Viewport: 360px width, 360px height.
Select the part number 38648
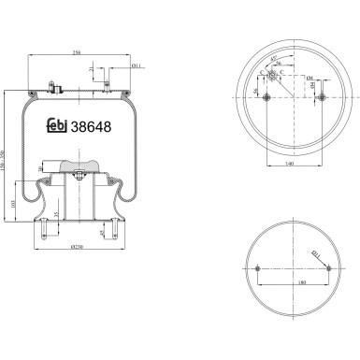point(95,127)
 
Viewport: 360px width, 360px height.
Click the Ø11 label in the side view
point(136,66)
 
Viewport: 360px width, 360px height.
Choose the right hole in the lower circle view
point(329,268)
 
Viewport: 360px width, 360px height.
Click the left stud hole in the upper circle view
point(267,98)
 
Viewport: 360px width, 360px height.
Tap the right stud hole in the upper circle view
point(322,98)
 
